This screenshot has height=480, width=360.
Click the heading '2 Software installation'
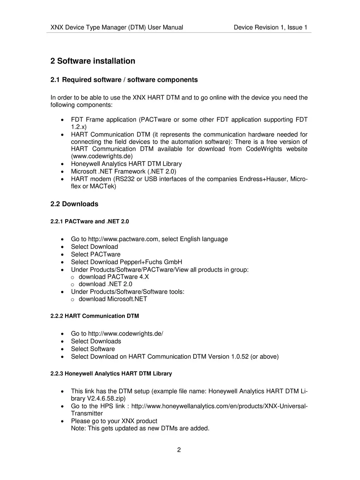[93, 61]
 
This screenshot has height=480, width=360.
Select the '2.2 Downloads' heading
[74, 204]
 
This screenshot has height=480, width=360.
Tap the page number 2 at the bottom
[179, 450]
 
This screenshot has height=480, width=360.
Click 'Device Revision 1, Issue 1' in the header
[270, 28]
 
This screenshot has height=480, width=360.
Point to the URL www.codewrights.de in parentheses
[102, 156]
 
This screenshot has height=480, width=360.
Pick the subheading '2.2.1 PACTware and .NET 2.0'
[90, 221]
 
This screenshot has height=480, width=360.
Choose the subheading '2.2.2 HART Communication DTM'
[95, 316]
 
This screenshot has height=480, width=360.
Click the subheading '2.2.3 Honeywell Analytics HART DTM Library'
[111, 374]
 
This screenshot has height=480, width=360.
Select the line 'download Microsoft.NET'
[113, 299]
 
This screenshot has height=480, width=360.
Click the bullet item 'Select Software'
[93, 349]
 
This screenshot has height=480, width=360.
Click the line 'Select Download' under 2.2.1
[94, 247]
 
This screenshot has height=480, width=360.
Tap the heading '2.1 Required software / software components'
[124, 80]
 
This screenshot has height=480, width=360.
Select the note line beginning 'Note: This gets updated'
[140, 428]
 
